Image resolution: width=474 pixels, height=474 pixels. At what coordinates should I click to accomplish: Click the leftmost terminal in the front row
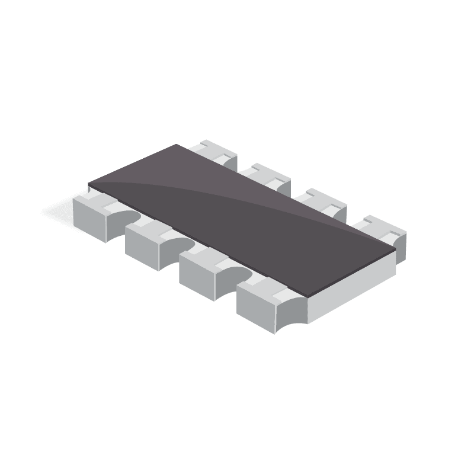(x=92, y=216)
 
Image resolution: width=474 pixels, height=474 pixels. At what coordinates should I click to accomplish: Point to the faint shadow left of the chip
(x=56, y=210)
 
